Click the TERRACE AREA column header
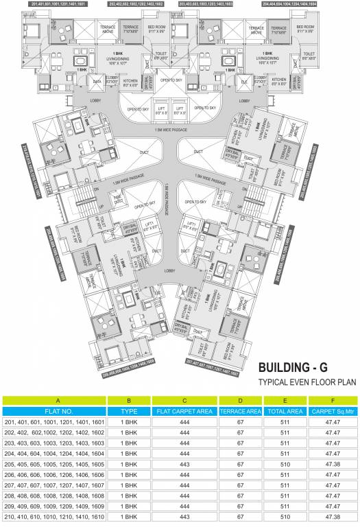coord(240,410)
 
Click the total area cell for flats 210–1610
coord(285,516)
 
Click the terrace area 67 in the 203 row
coord(240,443)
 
